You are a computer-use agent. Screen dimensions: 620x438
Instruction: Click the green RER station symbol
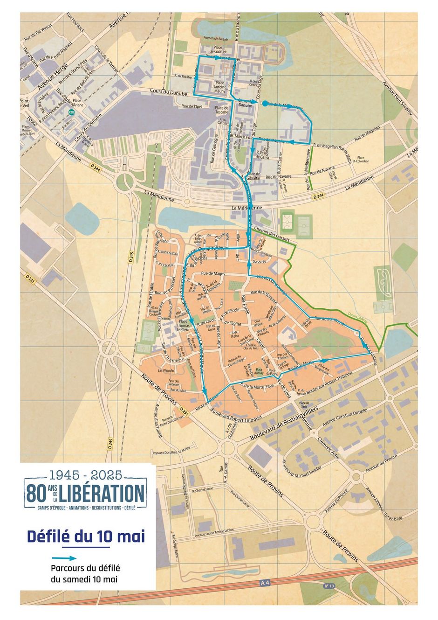71,112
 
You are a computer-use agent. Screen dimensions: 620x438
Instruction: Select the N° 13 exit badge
329,585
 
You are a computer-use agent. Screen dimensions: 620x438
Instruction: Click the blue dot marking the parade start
265,104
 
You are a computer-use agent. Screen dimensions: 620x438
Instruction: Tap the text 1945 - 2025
85,475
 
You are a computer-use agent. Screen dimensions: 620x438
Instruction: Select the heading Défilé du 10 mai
86,536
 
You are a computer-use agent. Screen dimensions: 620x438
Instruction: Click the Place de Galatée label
217,50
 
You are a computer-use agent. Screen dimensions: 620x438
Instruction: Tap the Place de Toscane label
222,110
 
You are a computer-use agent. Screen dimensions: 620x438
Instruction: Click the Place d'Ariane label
77,103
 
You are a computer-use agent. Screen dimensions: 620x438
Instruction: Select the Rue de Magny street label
213,273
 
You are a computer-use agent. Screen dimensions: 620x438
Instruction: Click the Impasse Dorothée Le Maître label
171,452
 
